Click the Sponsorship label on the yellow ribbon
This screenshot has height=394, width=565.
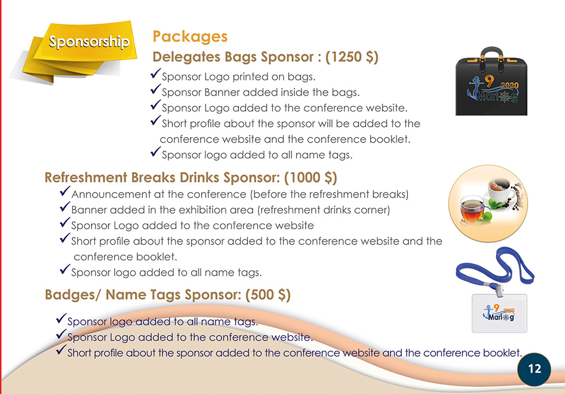(x=88, y=42)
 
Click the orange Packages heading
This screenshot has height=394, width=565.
(x=190, y=37)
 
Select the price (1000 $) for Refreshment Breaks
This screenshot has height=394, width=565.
(x=310, y=178)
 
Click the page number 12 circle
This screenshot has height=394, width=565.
(x=534, y=369)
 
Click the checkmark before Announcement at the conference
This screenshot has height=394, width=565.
(x=65, y=194)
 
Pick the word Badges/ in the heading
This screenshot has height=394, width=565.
(x=68, y=295)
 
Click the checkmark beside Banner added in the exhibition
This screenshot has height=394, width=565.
(x=65, y=209)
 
